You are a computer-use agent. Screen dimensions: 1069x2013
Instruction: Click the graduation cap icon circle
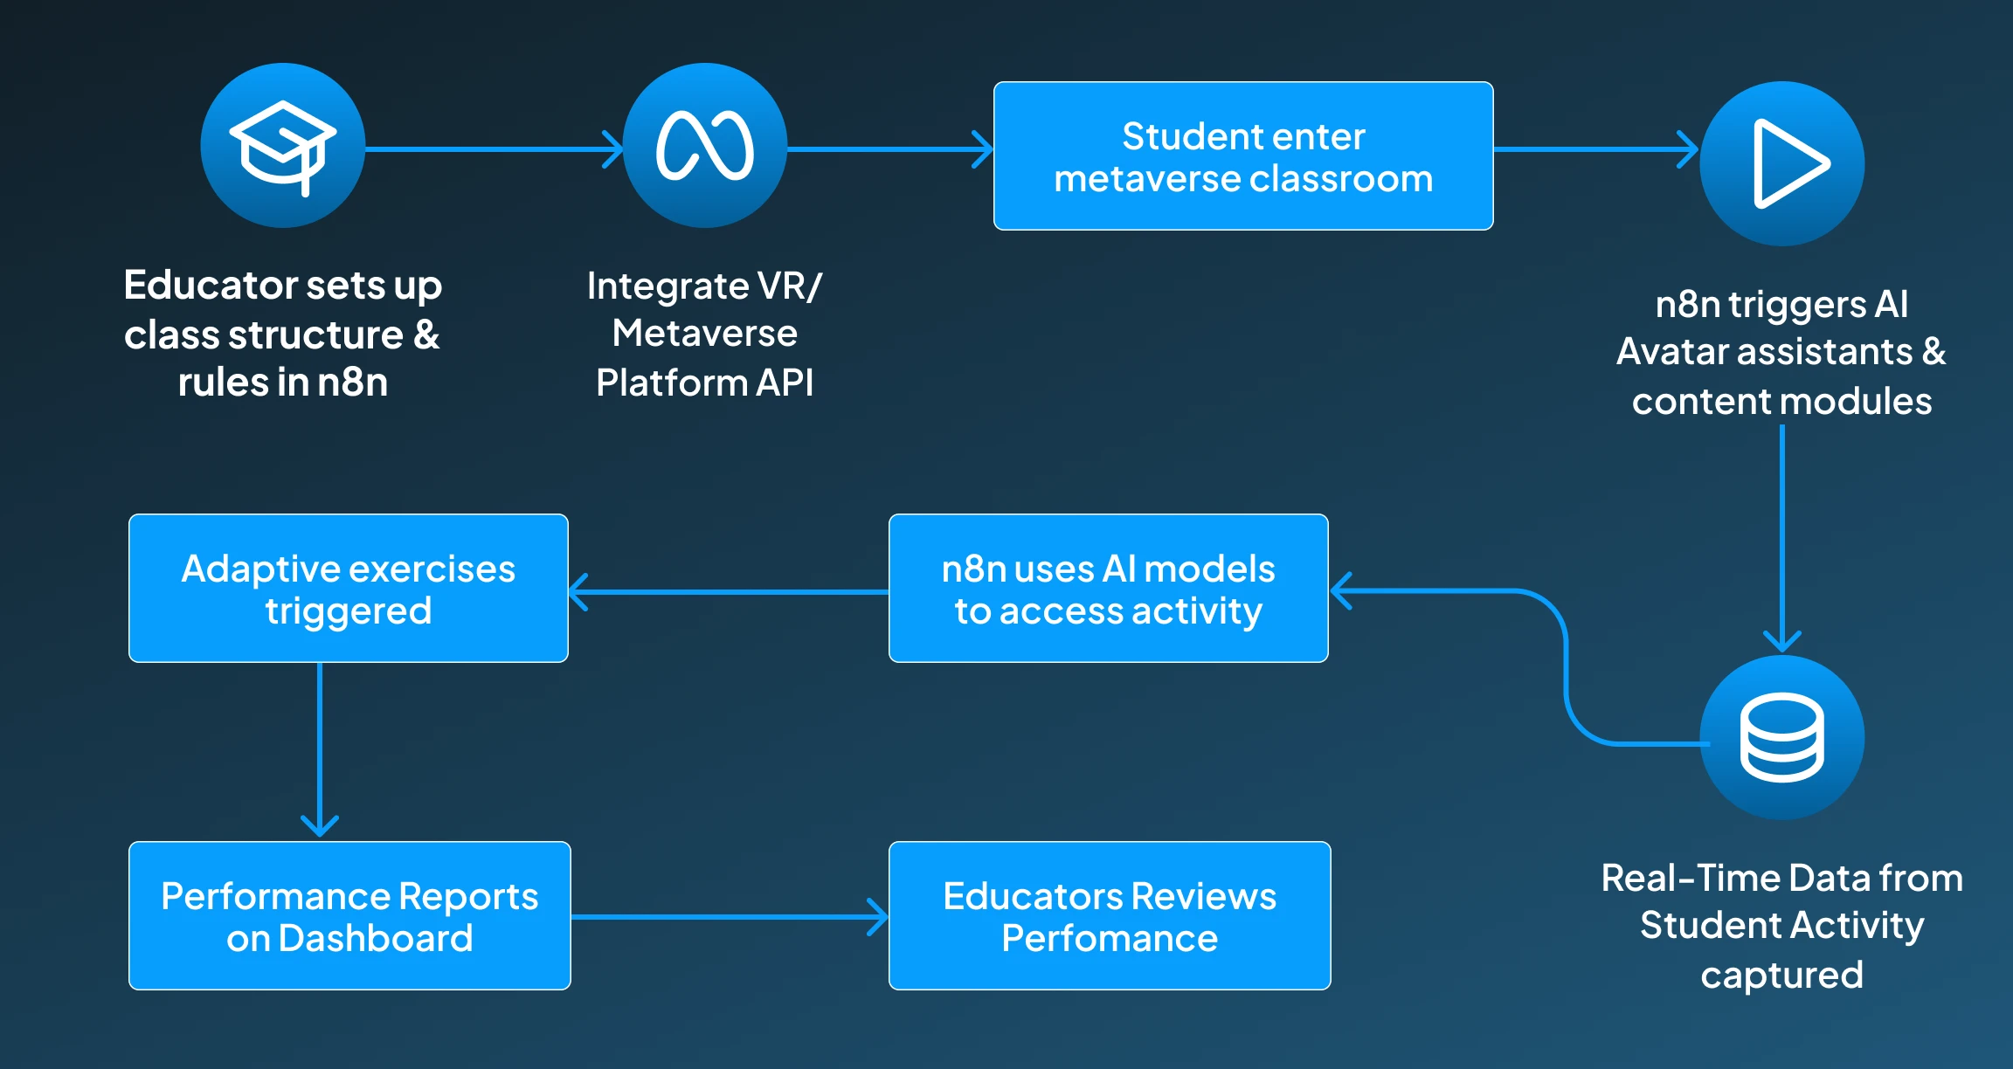282,146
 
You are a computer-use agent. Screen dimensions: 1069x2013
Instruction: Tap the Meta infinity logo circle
704,146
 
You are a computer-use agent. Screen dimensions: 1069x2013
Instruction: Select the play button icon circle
1781,163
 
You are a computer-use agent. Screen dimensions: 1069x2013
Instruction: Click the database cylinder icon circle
1781,738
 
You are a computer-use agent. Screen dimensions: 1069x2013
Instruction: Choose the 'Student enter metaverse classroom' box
1242,156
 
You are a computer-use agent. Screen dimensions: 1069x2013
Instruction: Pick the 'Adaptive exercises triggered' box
348,588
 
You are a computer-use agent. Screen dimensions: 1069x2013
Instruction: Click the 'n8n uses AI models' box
1108,588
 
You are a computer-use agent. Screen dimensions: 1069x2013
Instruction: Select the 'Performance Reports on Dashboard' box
349,915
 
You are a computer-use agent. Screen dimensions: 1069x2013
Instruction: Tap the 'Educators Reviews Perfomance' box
1109,915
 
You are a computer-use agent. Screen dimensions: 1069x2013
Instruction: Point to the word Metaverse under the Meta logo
704,333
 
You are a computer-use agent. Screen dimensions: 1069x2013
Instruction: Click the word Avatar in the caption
1672,351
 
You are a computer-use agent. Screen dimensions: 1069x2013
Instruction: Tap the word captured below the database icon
1781,975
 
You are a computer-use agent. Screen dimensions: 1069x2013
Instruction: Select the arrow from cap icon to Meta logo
494,149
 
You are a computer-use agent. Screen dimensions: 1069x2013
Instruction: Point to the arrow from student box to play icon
1595,149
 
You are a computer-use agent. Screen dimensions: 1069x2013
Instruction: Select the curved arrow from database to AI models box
1566,664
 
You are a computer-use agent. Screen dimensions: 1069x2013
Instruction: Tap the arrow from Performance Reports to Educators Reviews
730,917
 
